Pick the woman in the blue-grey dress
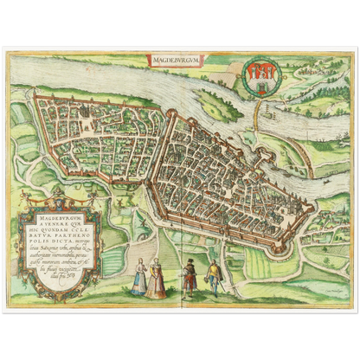pos(138,279)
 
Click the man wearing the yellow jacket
pos(213,277)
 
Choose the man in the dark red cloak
pos(189,279)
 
